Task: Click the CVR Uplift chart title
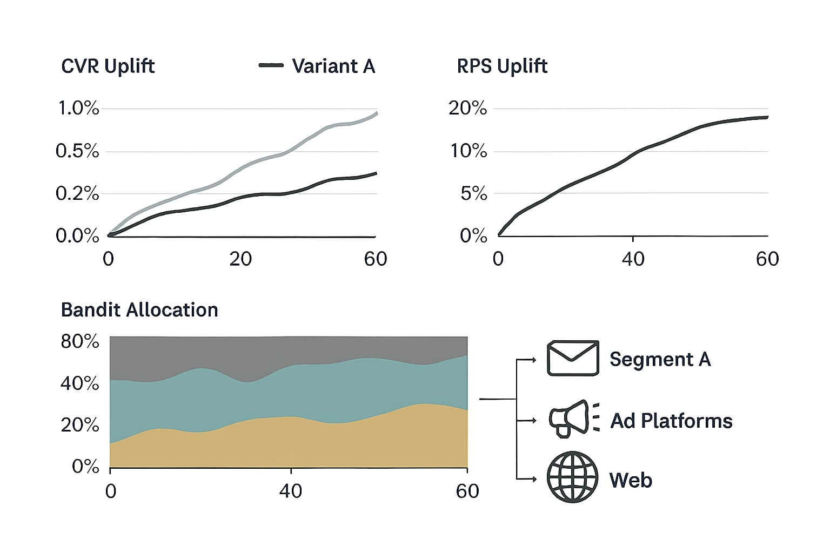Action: click(x=108, y=66)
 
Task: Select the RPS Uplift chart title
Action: click(x=502, y=66)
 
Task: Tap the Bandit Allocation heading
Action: click(x=139, y=310)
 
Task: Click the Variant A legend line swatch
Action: click(x=271, y=65)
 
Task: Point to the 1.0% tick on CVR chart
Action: click(x=78, y=109)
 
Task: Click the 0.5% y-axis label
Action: click(x=77, y=151)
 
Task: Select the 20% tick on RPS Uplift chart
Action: click(x=467, y=109)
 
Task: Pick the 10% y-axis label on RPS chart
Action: click(x=468, y=151)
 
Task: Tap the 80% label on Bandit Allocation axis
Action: click(x=80, y=342)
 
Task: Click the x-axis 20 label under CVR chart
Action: click(x=240, y=259)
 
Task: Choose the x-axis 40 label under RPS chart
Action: click(x=633, y=259)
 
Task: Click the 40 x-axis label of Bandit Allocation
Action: click(x=291, y=491)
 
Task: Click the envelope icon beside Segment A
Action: click(x=573, y=358)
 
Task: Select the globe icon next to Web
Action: click(x=573, y=477)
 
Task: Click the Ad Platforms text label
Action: click(x=671, y=421)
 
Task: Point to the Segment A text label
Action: click(x=660, y=359)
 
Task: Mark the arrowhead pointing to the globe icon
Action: click(x=534, y=479)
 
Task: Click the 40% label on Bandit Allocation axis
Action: click(x=80, y=384)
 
